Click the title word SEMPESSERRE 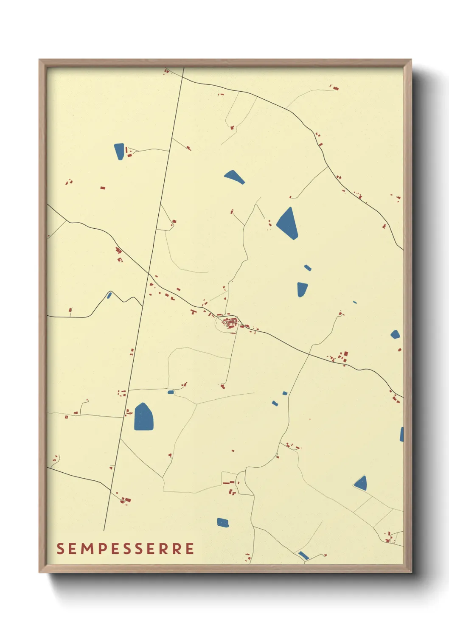pos(125,548)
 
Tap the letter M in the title pos(87,548)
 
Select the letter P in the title pos(101,548)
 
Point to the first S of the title pos(60,548)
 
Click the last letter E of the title pos(190,548)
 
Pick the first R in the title pos(162,548)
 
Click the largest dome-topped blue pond pos(143,417)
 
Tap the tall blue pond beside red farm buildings pos(119,151)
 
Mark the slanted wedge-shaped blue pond pos(234,177)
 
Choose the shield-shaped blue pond pos(302,289)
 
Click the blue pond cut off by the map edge pos(401,435)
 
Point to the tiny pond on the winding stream pos(109,295)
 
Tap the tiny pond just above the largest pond pos(171,392)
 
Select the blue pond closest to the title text pos(223,522)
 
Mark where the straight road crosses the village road pos(149,275)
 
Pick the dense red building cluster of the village pos(230,323)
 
